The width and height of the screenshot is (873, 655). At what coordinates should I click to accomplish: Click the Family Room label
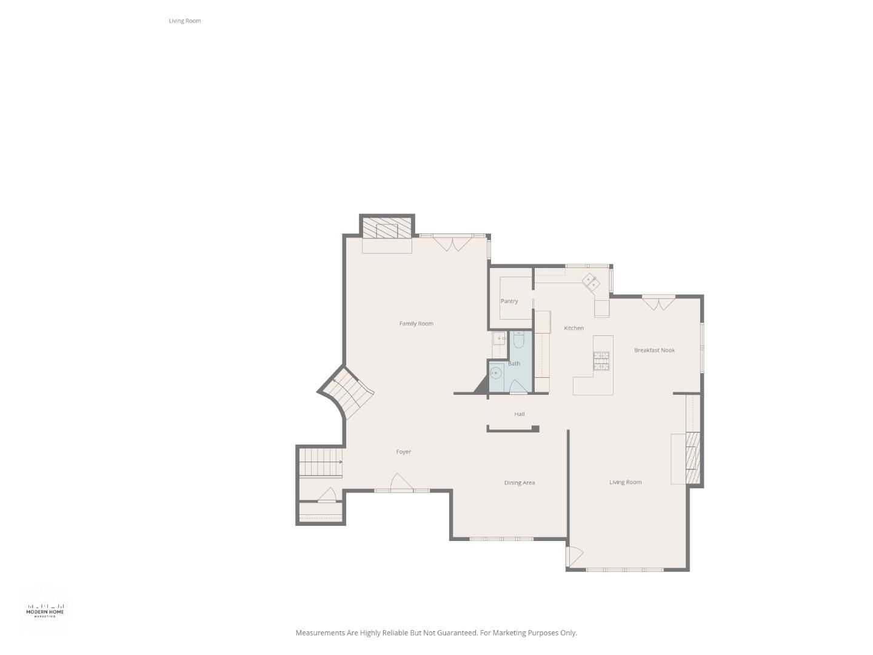[x=416, y=324]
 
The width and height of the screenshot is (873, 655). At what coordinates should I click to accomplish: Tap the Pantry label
[x=509, y=301]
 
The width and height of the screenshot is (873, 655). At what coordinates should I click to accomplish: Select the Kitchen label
[x=574, y=328]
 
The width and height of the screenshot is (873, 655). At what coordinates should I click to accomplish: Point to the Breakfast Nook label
[x=654, y=351]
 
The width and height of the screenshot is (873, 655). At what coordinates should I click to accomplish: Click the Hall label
[x=520, y=414]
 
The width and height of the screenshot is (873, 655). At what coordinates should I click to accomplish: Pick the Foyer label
[x=403, y=452]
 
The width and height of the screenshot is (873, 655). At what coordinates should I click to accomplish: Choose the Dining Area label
[x=520, y=483]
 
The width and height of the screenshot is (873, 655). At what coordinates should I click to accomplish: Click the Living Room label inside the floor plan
[x=625, y=483]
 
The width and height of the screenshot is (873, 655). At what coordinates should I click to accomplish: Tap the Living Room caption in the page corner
[x=185, y=21]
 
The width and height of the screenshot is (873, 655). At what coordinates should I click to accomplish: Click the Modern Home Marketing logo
[x=45, y=610]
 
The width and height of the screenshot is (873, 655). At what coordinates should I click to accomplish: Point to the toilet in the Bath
[x=518, y=340]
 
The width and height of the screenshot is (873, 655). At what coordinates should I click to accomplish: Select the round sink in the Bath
[x=496, y=372]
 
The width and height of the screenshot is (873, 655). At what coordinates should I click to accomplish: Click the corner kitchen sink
[x=591, y=281]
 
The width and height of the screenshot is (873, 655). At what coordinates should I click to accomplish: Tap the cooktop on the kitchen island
[x=601, y=360]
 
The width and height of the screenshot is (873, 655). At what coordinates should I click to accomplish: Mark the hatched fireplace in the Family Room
[x=387, y=229]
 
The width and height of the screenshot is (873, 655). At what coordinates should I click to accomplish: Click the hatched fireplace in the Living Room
[x=693, y=457]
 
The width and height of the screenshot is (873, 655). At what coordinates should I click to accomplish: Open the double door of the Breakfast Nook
[x=658, y=302]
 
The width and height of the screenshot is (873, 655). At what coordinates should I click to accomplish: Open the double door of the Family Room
[x=452, y=243]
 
